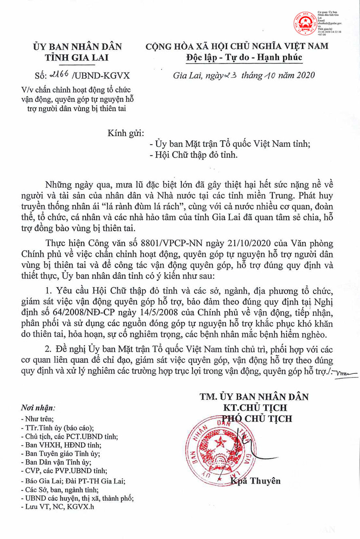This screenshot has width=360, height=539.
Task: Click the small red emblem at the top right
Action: (305, 23)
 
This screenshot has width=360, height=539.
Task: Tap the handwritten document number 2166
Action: (58, 74)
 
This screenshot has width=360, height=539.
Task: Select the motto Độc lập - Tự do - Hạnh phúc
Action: (244, 57)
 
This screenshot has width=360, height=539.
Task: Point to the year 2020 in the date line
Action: (305, 75)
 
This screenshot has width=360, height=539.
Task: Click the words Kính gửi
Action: (126, 133)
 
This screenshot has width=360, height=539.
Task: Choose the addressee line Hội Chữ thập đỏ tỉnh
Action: (196, 155)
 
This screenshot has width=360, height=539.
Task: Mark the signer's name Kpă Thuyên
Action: (256, 481)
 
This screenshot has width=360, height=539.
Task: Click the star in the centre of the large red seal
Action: (219, 443)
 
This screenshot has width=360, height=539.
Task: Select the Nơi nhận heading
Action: (38, 408)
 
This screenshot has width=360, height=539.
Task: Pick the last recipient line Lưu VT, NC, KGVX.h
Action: (60, 507)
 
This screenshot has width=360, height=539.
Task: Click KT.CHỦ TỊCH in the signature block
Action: (255, 408)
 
